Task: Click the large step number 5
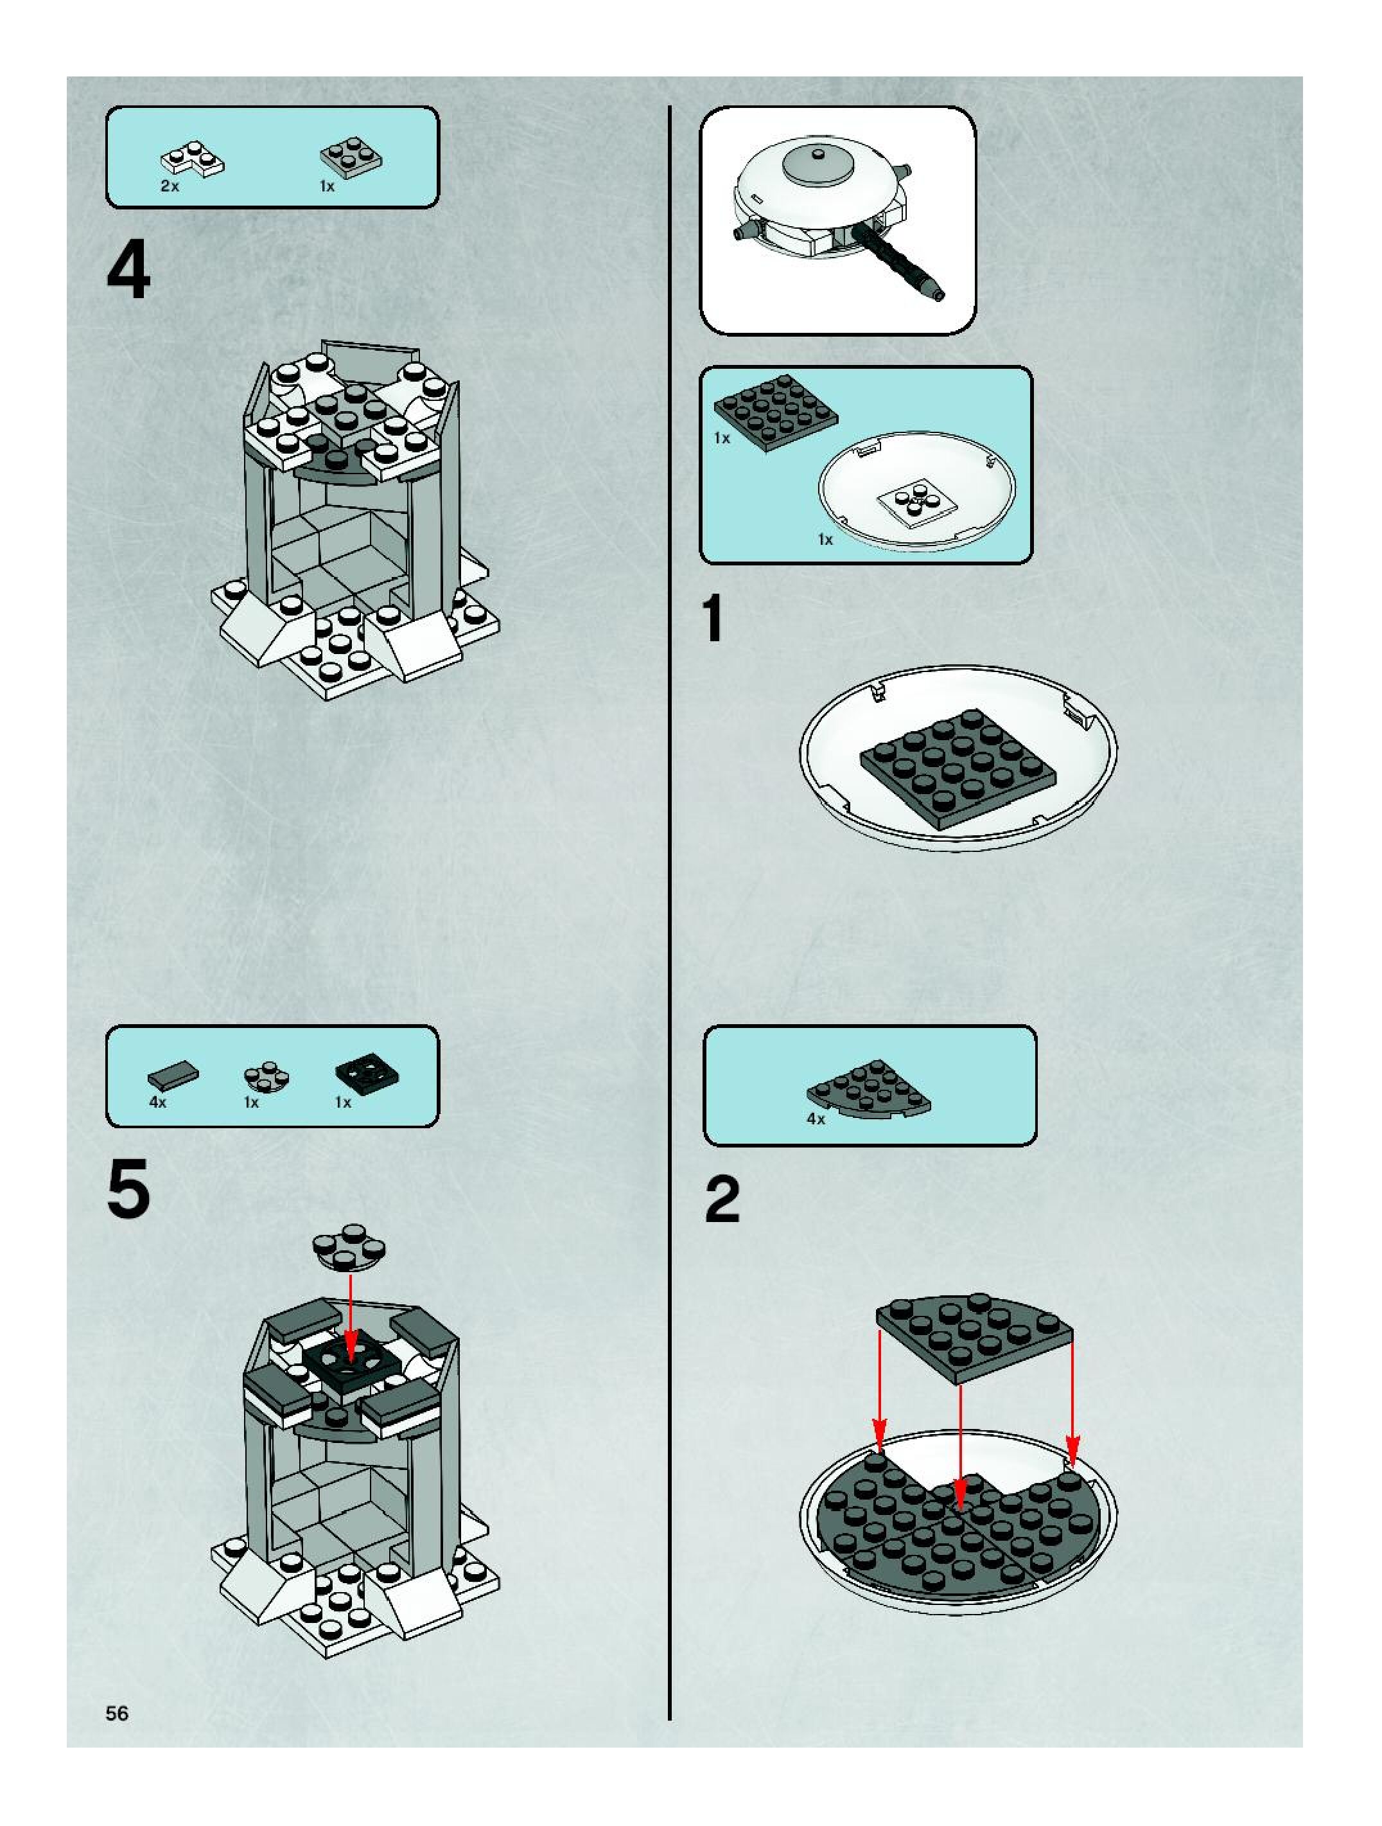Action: pos(128,1188)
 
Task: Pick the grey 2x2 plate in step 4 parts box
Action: pos(351,156)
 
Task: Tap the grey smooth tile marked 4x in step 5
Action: pos(173,1076)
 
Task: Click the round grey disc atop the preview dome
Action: pos(817,163)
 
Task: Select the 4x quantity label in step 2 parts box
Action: pos(815,1119)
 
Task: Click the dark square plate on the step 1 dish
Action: pos(957,769)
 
